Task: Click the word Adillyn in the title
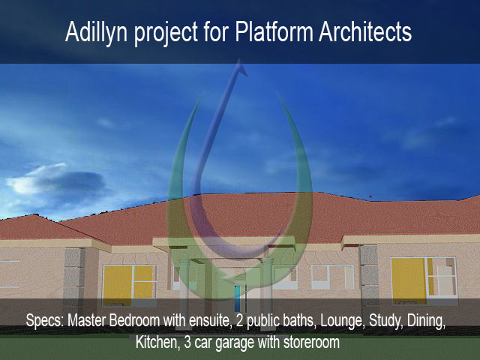[x=96, y=32]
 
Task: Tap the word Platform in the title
[x=274, y=31]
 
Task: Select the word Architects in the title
[x=365, y=31]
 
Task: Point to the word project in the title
[x=166, y=34]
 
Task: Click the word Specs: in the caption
[x=45, y=320]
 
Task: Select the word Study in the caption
[x=385, y=321]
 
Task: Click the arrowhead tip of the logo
[x=239, y=60]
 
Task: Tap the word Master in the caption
[x=87, y=320]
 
